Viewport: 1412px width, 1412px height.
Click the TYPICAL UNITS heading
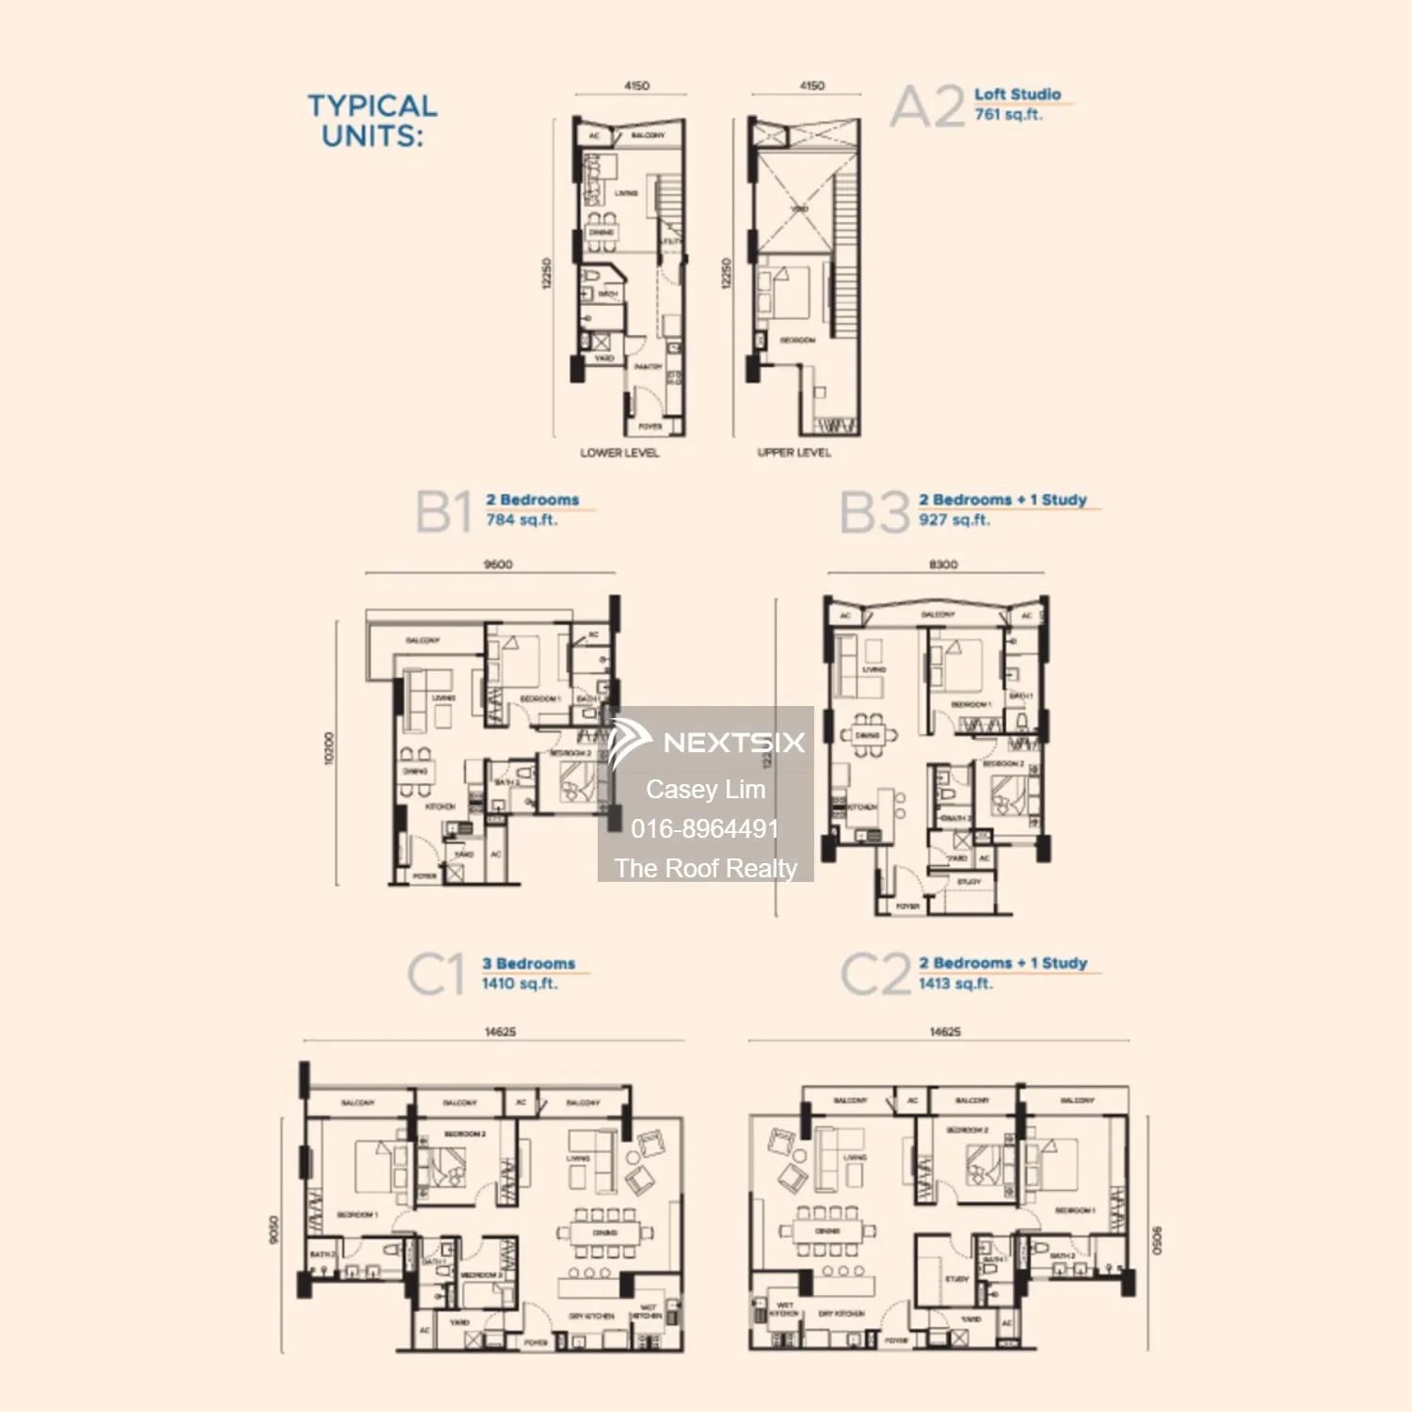tap(373, 120)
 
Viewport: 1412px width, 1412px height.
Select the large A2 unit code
tap(928, 106)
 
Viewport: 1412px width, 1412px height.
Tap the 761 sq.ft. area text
tap(1008, 115)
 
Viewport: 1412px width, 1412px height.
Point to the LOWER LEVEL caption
tap(619, 453)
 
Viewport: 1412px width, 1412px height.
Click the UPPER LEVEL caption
tap(794, 453)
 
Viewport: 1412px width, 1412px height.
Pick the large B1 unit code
tap(443, 513)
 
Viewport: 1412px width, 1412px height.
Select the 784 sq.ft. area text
tap(521, 520)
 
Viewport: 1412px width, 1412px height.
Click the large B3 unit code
tap(874, 513)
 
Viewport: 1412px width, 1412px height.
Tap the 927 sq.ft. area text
tap(955, 520)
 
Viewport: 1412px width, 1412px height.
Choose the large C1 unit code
tap(436, 974)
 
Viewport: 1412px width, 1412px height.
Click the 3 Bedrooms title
tap(528, 964)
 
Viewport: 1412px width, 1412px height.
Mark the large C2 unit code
tap(875, 974)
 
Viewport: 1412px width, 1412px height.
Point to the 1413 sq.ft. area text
tap(955, 984)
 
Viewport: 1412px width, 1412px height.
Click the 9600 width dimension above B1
tap(498, 565)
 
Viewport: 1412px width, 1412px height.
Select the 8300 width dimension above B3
tap(943, 565)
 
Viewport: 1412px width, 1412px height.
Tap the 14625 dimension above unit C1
tap(500, 1032)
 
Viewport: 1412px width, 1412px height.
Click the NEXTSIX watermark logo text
tap(733, 743)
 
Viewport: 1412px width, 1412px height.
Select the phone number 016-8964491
tap(705, 828)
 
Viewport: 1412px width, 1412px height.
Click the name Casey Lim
tap(705, 789)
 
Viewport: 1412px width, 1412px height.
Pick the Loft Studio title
tap(1018, 94)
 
